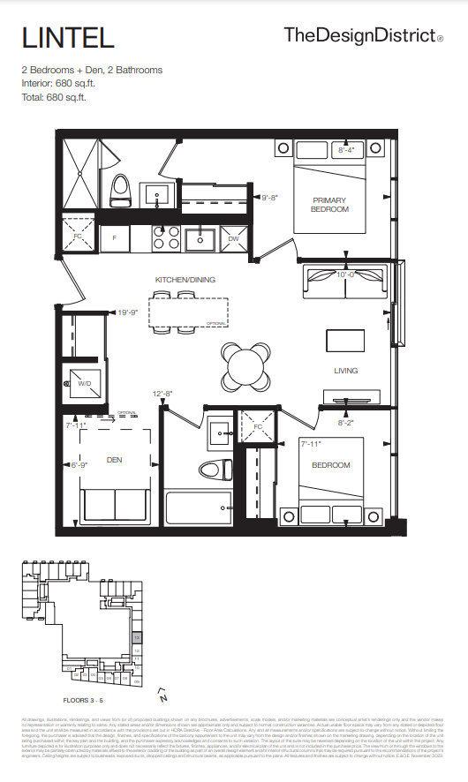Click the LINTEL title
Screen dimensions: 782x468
[68, 38]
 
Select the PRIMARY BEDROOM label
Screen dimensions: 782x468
[330, 205]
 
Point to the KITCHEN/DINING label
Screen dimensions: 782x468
[185, 280]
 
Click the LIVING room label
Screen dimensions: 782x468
[345, 371]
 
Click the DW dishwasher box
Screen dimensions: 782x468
[233, 238]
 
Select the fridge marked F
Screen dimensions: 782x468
[115, 238]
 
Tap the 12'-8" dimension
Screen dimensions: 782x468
[162, 394]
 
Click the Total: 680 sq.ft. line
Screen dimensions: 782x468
[58, 97]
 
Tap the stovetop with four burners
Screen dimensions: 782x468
[165, 238]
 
